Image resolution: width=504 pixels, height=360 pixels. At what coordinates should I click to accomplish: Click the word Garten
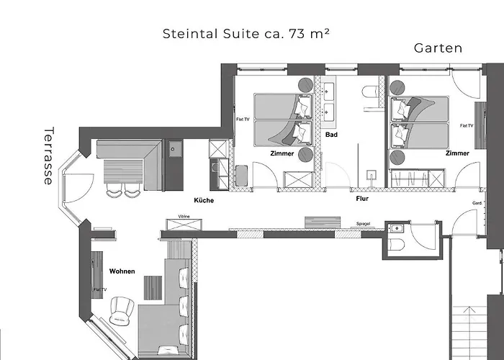point(438,48)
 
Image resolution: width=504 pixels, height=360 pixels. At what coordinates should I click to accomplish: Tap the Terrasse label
point(48,156)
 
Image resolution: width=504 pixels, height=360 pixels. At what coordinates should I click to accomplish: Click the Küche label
point(204,201)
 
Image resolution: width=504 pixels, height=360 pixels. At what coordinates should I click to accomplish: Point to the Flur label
point(362,197)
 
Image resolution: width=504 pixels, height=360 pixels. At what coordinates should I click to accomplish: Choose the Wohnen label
point(122,271)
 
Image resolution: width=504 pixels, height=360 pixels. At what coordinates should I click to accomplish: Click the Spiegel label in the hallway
point(364,225)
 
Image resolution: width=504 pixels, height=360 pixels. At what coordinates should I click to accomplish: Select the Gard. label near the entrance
point(477,203)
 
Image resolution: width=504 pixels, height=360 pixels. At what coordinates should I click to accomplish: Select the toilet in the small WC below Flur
point(395,244)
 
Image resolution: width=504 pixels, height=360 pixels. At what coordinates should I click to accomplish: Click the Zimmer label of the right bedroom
point(457,153)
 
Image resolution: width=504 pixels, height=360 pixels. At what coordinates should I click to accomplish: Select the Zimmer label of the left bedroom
point(282,154)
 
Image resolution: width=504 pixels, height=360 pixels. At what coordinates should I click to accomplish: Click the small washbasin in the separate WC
point(393,228)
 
